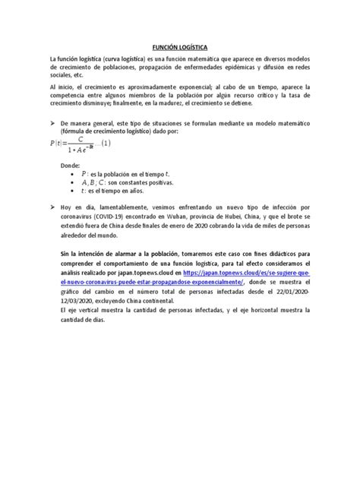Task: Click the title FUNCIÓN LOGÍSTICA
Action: pos(180,46)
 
